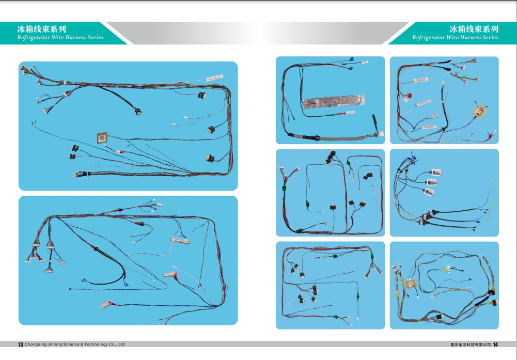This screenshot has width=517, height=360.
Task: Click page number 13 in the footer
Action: point(21,345)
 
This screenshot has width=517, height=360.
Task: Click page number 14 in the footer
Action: point(495,345)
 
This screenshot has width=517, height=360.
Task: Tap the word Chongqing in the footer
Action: point(34,344)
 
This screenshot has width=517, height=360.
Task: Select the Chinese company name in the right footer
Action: point(471,345)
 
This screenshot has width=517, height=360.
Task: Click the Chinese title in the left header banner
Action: point(41,29)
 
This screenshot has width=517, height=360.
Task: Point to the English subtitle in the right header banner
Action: point(455,38)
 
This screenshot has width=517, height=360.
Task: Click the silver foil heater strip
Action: point(334,102)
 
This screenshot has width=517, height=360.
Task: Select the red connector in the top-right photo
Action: point(410,96)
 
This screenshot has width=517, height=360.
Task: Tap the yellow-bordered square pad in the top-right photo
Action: point(480,111)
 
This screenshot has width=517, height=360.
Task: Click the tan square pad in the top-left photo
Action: point(102,138)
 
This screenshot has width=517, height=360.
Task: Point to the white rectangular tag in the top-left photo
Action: point(215,77)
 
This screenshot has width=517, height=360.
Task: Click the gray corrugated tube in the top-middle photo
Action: point(342,138)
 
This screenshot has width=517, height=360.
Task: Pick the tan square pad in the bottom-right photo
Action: point(411,284)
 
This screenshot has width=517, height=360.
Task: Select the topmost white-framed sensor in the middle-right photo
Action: point(436,172)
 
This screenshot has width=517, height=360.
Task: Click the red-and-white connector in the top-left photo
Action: point(119,152)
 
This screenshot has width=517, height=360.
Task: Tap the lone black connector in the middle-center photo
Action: point(333,207)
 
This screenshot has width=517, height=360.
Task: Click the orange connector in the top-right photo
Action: point(474,60)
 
